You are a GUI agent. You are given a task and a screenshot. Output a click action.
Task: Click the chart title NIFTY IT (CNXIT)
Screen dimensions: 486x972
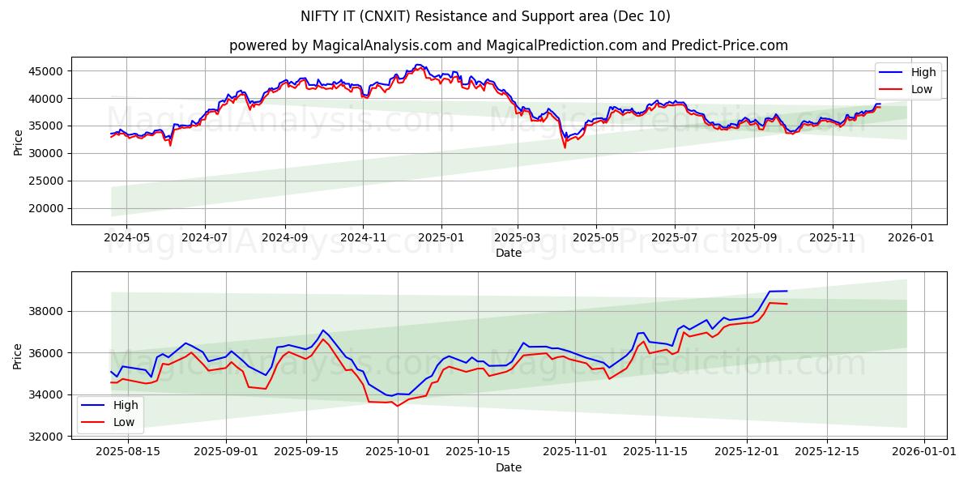point(485,16)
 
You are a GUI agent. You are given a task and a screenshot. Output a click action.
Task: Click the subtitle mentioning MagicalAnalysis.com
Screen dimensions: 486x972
point(508,45)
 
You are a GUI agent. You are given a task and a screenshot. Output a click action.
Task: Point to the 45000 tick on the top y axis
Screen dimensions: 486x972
point(46,71)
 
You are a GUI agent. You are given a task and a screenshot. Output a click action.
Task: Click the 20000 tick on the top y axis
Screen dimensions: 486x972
point(46,208)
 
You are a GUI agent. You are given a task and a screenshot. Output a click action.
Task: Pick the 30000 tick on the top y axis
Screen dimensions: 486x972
point(46,153)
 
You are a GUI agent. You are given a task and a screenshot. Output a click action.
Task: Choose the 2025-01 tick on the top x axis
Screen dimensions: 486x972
point(441,239)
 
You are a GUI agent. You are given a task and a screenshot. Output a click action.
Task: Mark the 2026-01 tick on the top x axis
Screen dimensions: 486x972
point(911,239)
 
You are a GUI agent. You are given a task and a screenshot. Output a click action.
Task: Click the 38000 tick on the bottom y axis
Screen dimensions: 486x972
point(46,311)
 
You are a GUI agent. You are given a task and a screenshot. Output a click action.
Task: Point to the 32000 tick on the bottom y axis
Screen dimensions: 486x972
point(46,437)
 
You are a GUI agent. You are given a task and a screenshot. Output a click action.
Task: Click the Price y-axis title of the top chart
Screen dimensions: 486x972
point(19,142)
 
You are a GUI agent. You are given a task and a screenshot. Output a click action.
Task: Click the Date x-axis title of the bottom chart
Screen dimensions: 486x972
point(508,467)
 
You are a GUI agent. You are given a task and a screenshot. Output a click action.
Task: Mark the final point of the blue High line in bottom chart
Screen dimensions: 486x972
point(787,291)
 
